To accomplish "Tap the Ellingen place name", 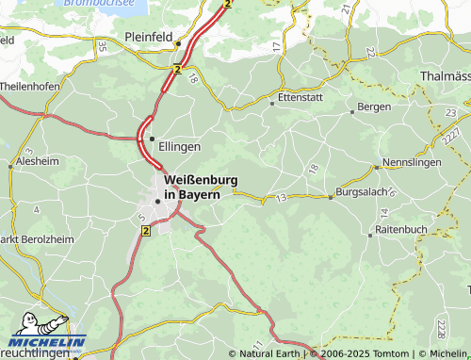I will pyautogui.click(x=180, y=147).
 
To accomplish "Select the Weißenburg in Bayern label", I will pyautogui.click(x=201, y=187).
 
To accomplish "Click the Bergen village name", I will pyautogui.click(x=374, y=106).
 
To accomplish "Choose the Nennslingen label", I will pyautogui.click(x=413, y=162).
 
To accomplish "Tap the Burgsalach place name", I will pyautogui.click(x=363, y=198).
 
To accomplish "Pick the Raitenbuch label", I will pyautogui.click(x=401, y=229).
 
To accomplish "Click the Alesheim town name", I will pyautogui.click(x=38, y=160).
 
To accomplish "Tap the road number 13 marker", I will pyautogui.click(x=281, y=198).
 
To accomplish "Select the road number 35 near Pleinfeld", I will pyautogui.click(x=102, y=46).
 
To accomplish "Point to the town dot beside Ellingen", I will pyautogui.click(x=153, y=139).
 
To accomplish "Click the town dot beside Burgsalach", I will pyautogui.click(x=331, y=198).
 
